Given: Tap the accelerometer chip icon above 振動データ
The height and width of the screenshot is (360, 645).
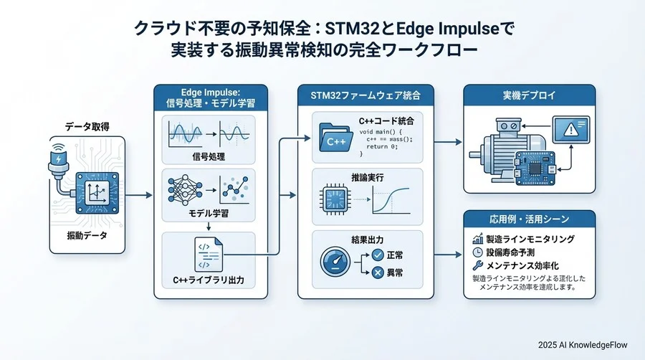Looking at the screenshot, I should pos(94,193).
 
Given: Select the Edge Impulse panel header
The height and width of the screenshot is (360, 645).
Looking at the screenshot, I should pos(211,97).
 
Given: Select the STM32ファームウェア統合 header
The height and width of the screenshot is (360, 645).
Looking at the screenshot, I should pos(365,95).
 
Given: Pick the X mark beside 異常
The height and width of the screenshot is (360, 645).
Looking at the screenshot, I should pos(377,274).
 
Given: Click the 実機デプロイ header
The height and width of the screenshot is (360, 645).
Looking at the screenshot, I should pos(529,95).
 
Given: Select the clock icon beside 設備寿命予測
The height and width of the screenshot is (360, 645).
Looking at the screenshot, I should pos(478,252).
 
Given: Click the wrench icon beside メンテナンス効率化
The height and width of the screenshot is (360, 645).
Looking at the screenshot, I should pos(478,266).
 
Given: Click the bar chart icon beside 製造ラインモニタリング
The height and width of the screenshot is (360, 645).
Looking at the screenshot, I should pos(478,239).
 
